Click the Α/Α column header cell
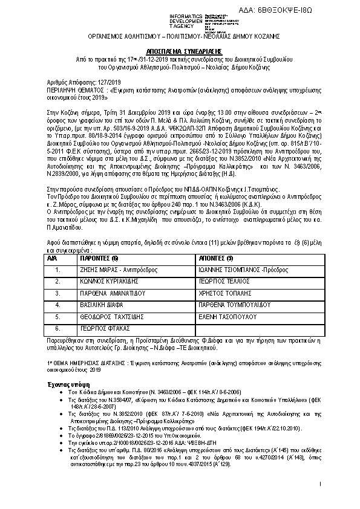click(57, 258)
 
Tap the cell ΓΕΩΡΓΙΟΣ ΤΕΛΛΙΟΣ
click(220, 282)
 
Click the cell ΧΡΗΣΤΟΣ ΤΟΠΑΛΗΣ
click(220, 293)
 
